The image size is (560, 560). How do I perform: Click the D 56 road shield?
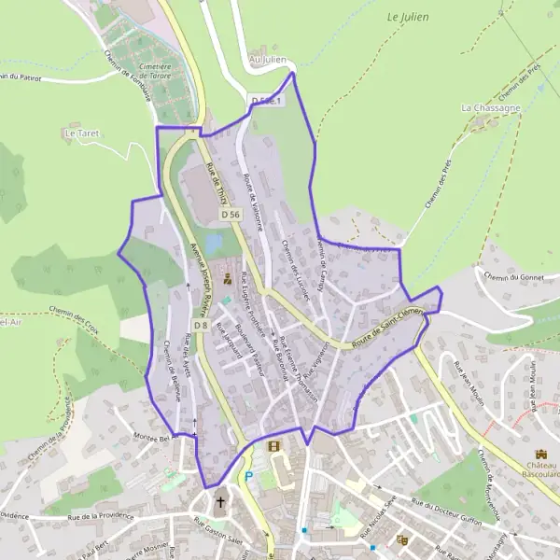click(x=231, y=215)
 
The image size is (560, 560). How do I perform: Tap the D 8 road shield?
click(x=201, y=325)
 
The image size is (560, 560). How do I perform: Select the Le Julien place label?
click(x=405, y=17)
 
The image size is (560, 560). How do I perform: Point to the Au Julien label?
click(x=267, y=60)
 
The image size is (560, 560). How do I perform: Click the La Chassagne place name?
click(x=491, y=108)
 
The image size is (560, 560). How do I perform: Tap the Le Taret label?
click(x=81, y=133)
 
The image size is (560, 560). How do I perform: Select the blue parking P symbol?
click(x=248, y=477)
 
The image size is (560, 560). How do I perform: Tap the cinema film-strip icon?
click(x=273, y=446)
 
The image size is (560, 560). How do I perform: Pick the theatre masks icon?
click(x=403, y=539)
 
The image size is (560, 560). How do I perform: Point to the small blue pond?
click(x=213, y=244)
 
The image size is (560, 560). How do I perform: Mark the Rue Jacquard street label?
click(x=228, y=341)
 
